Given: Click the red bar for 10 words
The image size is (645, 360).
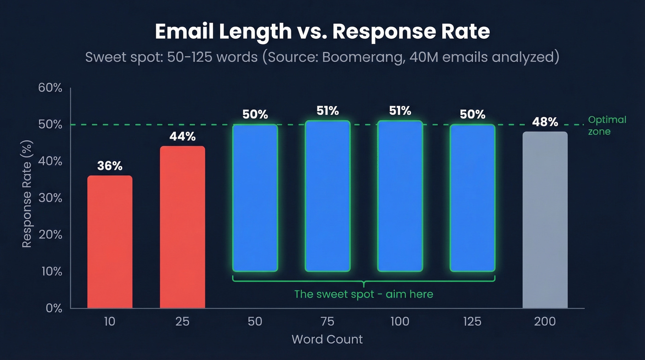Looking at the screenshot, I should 110,242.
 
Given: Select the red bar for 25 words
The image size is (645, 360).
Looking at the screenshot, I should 182,227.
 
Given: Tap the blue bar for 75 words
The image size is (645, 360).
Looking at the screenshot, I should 328,196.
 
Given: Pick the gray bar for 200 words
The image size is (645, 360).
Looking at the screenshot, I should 545,220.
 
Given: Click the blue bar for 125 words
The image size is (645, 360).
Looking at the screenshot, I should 472,198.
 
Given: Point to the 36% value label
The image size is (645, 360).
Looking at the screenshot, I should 110,166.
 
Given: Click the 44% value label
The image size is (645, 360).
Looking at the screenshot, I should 182,136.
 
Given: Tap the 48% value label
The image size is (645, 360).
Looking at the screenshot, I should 545,122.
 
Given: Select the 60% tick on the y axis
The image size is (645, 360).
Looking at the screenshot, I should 50,88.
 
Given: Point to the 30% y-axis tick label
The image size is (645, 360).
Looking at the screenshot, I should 50,198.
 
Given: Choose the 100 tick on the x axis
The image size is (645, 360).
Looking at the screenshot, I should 399,321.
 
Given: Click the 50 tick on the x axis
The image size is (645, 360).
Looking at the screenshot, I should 255,321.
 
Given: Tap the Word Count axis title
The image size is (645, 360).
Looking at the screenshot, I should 327,340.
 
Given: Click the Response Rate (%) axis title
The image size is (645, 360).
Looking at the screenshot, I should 27,198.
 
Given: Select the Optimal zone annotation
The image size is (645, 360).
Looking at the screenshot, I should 607,125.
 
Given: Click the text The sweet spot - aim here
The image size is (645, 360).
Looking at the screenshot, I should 364,294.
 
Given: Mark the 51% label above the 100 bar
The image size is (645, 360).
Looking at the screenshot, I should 399,111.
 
